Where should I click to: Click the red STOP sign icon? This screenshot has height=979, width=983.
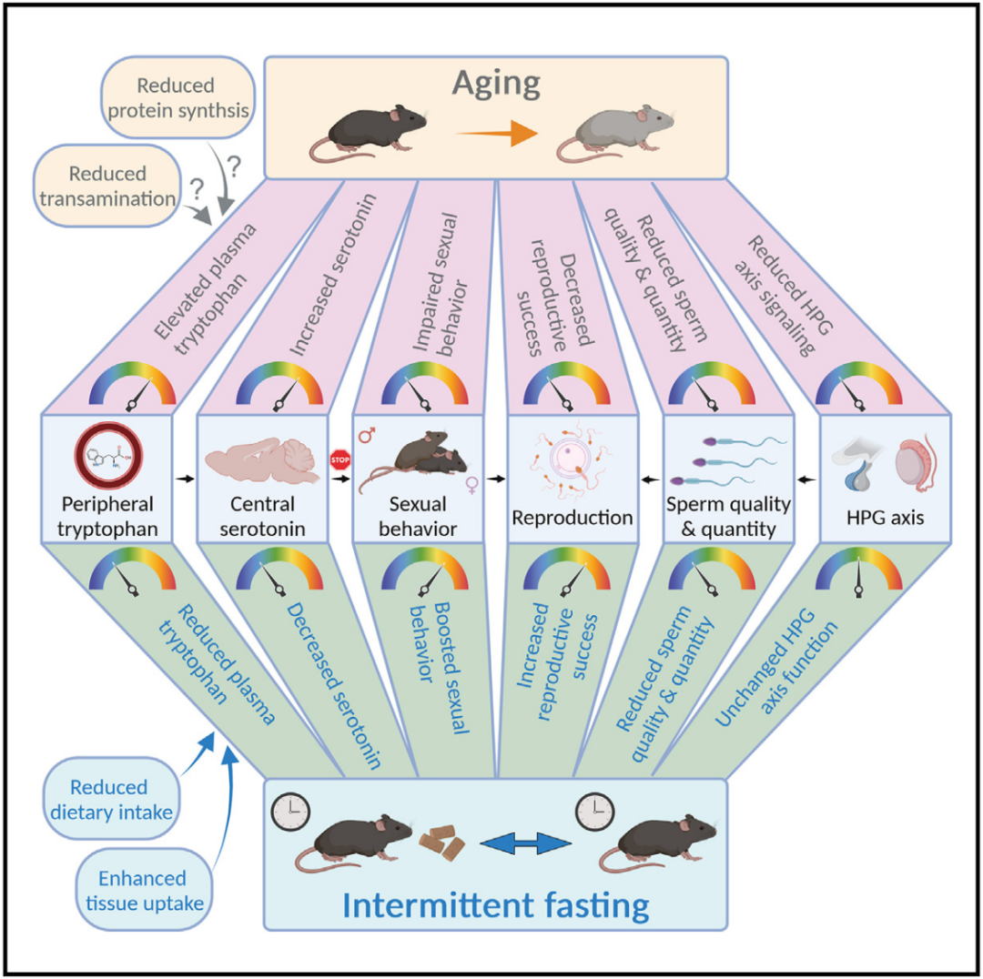tap(339, 459)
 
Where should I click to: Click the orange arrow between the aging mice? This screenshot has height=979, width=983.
tap(496, 134)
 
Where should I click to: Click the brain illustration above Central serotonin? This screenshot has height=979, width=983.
tap(262, 461)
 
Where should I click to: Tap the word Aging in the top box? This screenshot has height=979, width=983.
tap(496, 84)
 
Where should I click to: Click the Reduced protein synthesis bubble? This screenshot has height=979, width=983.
tap(178, 97)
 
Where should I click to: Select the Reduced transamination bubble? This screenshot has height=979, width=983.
tap(107, 187)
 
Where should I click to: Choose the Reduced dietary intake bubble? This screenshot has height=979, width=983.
tap(111, 799)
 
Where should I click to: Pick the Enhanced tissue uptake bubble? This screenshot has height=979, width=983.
tap(144, 890)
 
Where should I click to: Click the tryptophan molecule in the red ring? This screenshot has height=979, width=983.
tap(107, 455)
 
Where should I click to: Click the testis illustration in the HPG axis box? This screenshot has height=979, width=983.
tap(916, 464)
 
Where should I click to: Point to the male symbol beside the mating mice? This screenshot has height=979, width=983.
tap(367, 434)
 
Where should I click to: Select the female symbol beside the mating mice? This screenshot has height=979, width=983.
tap(472, 484)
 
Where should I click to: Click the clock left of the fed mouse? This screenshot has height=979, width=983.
tap(290, 812)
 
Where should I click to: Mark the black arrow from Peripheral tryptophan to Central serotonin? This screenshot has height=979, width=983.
tap(185, 479)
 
